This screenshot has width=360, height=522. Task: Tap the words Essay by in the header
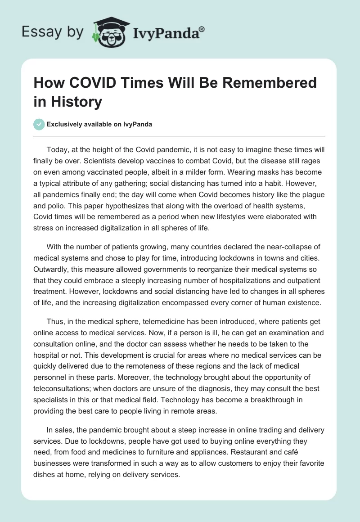(x=52, y=32)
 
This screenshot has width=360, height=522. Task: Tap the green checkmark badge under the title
(x=39, y=124)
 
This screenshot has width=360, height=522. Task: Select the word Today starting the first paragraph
(x=57, y=149)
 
